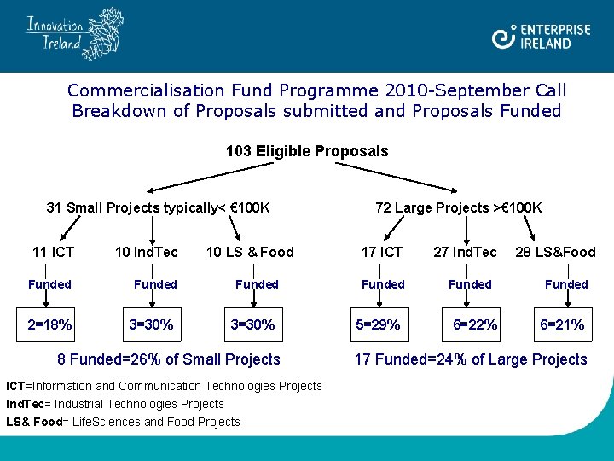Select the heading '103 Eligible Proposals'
[307, 151]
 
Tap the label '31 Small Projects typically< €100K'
[158, 207]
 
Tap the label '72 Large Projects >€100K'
[459, 207]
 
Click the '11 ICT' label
[53, 252]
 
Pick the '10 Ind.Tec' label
[147, 252]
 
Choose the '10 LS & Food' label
[250, 252]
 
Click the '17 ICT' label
[382, 252]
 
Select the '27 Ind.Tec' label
[465, 252]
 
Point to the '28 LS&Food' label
[555, 252]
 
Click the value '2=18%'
[49, 324]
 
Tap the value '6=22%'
[476, 324]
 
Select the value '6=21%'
[561, 324]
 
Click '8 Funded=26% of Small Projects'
[168, 359]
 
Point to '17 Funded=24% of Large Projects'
[472, 359]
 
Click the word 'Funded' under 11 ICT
[49, 284]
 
